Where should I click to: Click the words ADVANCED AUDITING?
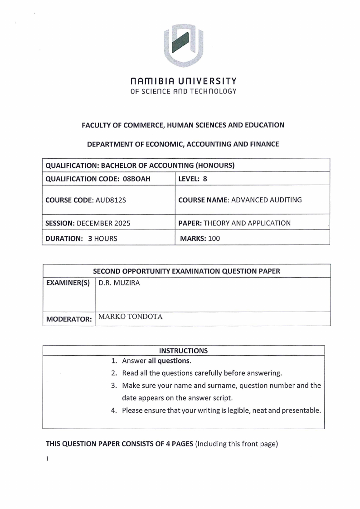pos(267,200)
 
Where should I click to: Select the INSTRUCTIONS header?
pos(184,351)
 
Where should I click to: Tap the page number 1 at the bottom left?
pos(47,458)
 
